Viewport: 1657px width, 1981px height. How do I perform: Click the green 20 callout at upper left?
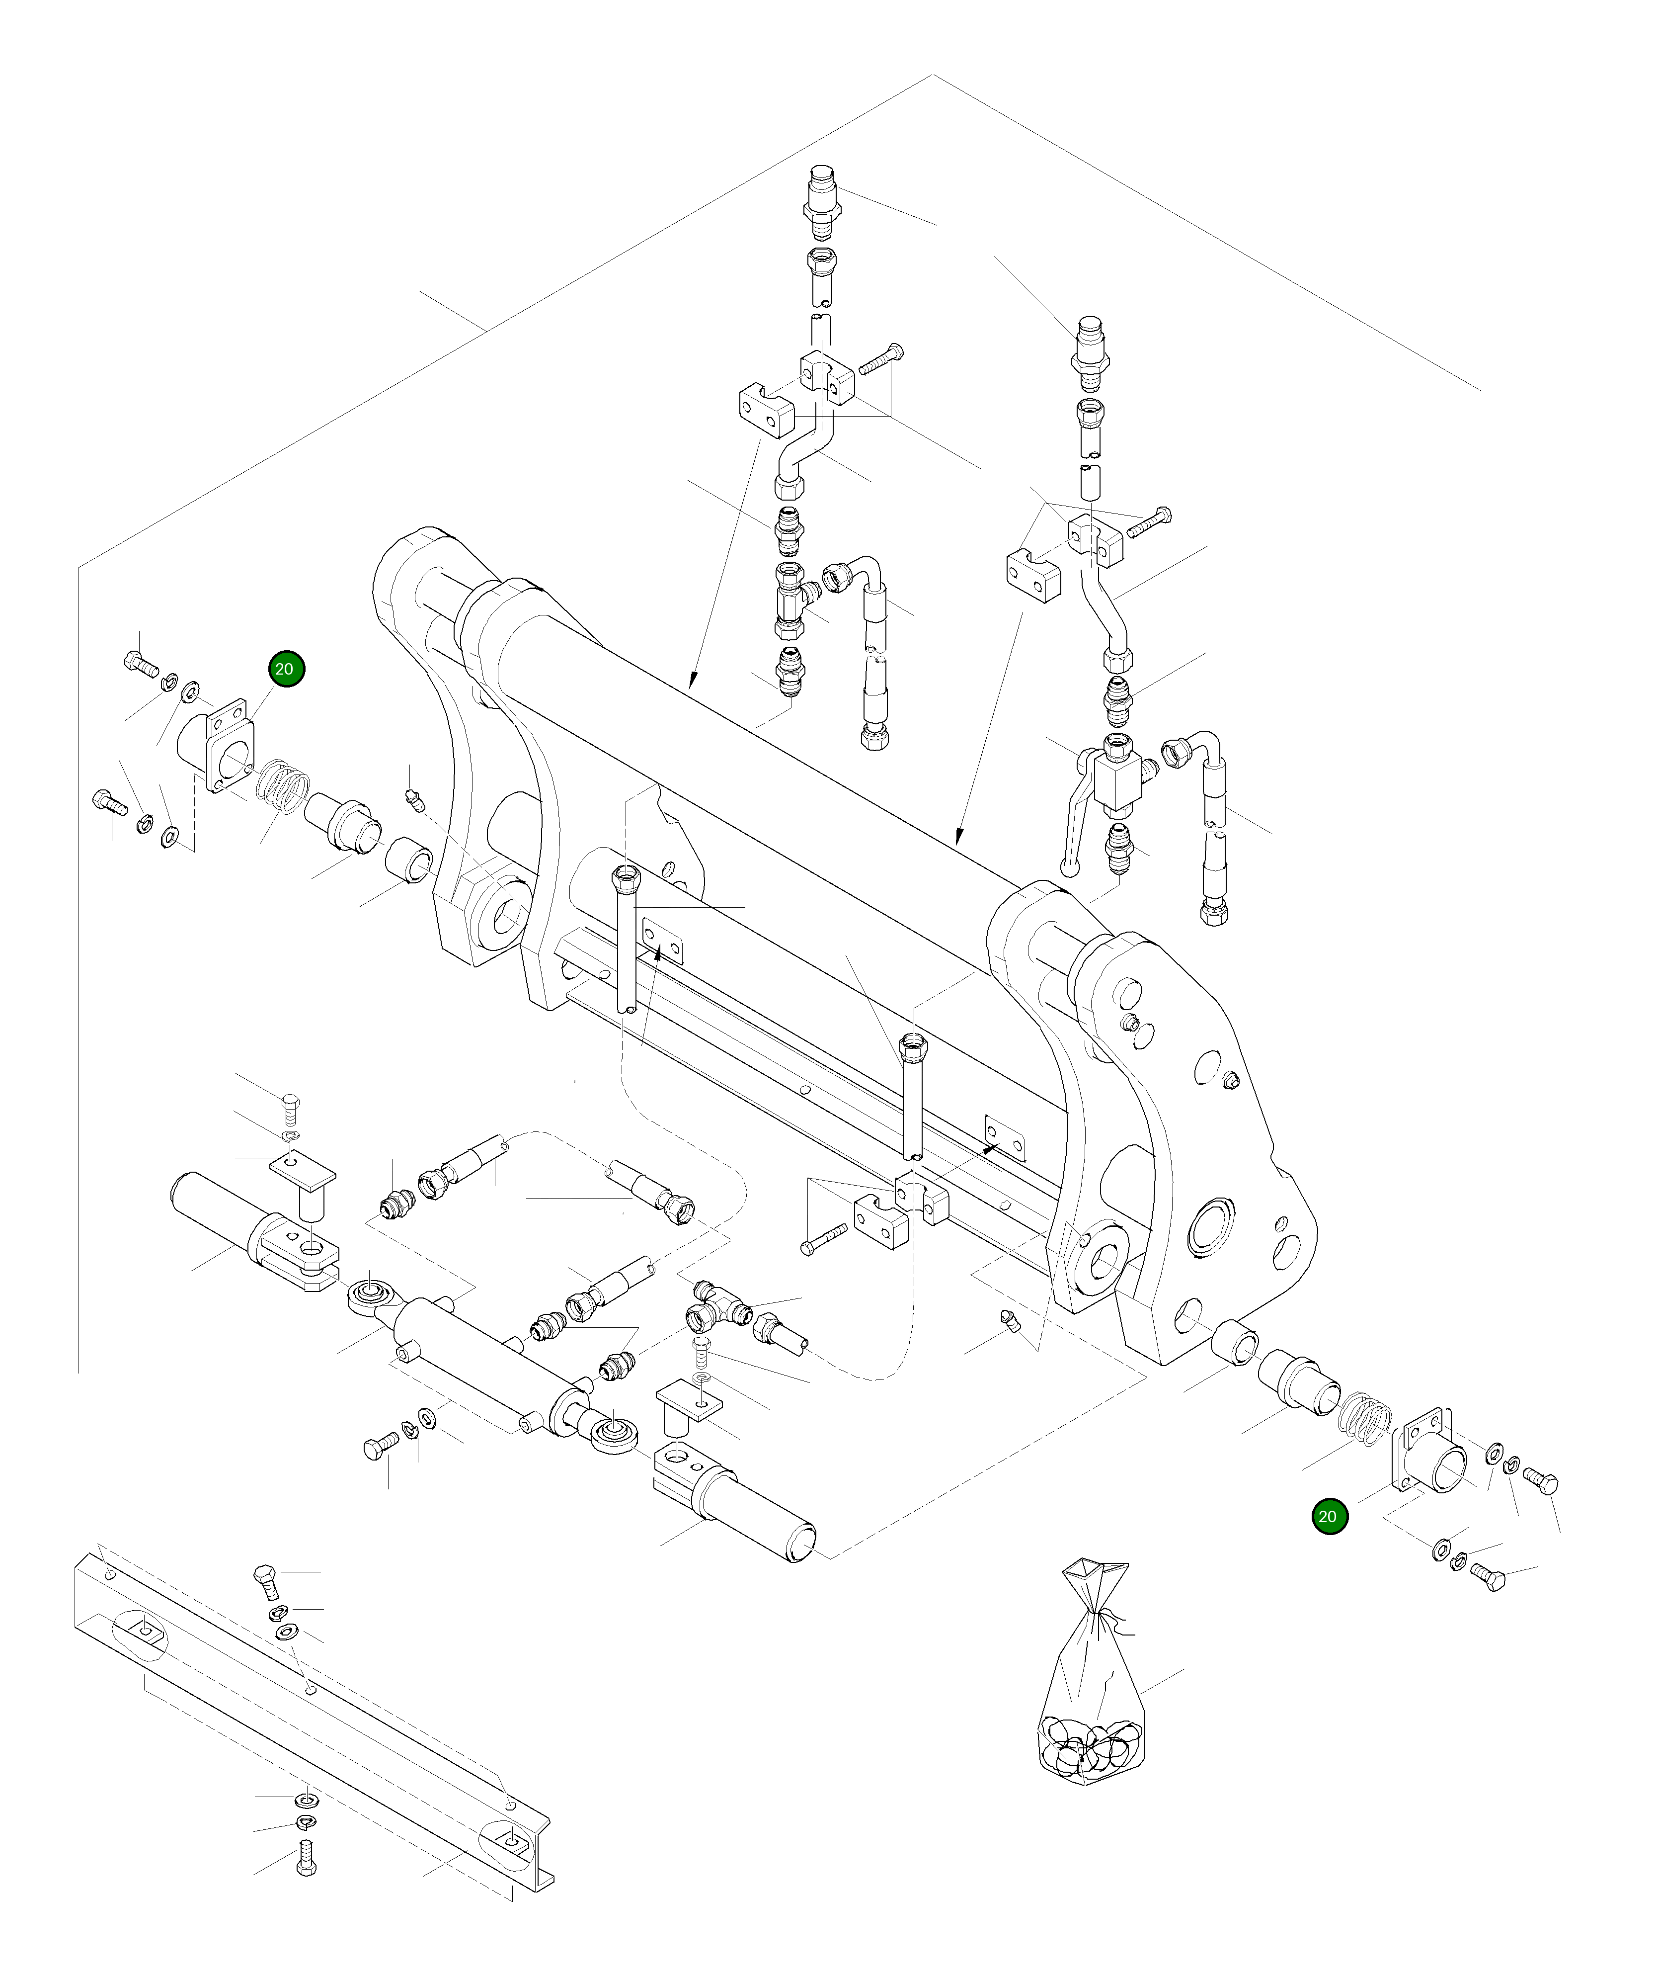[284, 669]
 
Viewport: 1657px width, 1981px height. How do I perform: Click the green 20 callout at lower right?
[1328, 1516]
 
